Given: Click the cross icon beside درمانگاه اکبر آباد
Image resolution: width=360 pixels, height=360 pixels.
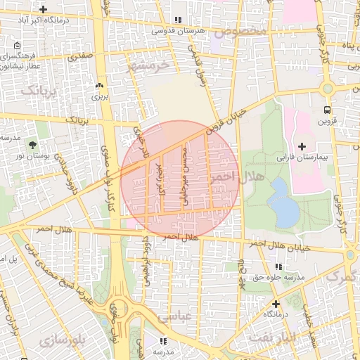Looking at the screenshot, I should [44, 10].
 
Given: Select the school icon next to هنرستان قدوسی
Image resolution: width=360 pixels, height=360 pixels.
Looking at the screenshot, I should [178, 20].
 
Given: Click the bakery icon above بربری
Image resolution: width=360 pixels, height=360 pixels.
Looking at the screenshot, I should [98, 86].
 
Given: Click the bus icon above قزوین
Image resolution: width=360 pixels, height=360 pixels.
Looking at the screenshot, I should [326, 110].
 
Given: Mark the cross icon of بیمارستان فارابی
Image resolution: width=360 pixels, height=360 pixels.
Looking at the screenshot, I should [302, 146].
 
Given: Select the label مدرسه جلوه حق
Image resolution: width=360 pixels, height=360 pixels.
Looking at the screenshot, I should [278, 278].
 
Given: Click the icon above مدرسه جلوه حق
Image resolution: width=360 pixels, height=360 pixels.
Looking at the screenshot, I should [279, 267].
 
